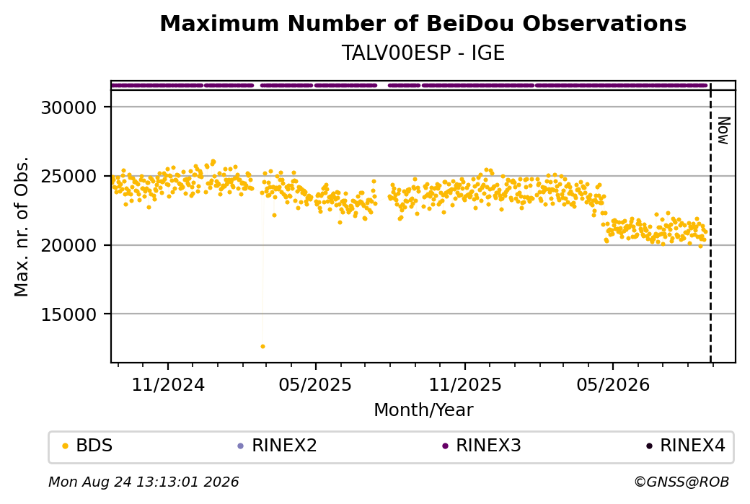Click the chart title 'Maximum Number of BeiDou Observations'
[x=423, y=24]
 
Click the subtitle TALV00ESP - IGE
[x=423, y=53]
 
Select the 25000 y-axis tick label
[x=69, y=177]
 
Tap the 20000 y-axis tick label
[x=69, y=246]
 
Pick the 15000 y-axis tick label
[x=69, y=314]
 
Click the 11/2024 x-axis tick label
[x=168, y=385]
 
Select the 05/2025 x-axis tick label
[x=315, y=385]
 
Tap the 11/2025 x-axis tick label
[x=465, y=385]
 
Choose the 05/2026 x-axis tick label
[x=613, y=385]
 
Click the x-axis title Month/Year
[x=423, y=410]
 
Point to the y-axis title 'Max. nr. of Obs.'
[x=22, y=226]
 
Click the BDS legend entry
[x=87, y=446]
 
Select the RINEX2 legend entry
[x=277, y=446]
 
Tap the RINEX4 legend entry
[x=685, y=446]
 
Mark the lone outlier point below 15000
[x=262, y=346]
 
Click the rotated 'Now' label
[x=724, y=131]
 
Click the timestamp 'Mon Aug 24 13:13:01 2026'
[x=144, y=482]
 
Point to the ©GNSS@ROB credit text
[x=681, y=482]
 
